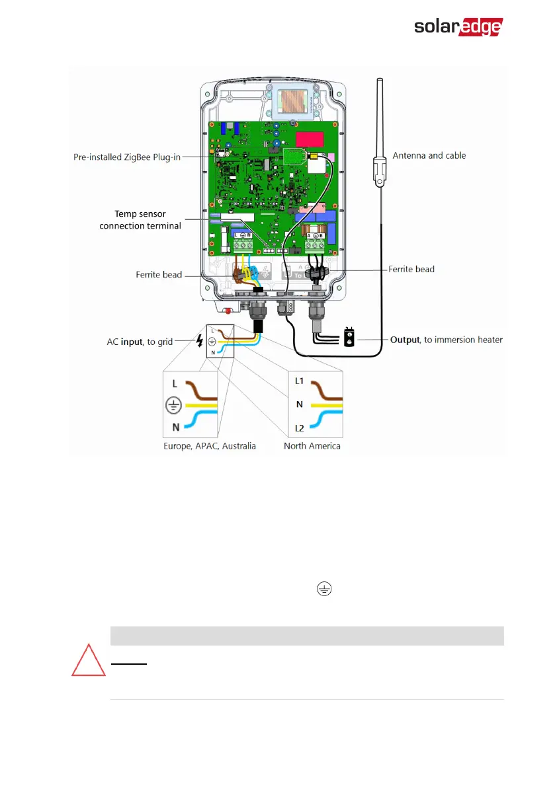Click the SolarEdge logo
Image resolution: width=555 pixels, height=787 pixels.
click(458, 26)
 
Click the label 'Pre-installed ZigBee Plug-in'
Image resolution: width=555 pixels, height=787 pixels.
click(128, 157)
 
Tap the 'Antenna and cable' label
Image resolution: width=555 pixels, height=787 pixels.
click(429, 155)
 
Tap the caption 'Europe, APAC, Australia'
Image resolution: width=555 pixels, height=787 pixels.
click(210, 446)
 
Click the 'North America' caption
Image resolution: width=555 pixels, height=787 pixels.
click(312, 446)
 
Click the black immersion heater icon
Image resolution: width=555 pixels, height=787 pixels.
click(347, 336)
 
